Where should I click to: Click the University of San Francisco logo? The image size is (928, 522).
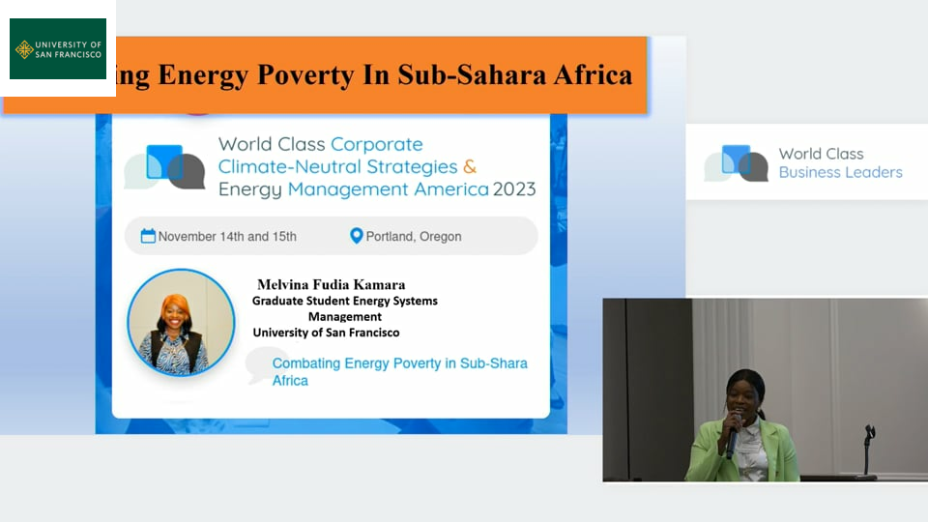tap(58, 48)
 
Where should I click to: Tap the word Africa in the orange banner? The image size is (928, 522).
tap(593, 74)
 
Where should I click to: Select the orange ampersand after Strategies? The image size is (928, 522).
tap(470, 167)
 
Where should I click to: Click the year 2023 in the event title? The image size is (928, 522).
tap(514, 188)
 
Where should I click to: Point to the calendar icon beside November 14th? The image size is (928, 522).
tap(148, 236)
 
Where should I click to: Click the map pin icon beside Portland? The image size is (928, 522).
tap(356, 236)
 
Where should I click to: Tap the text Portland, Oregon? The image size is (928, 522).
tap(413, 237)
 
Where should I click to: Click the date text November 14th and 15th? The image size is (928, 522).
tap(227, 237)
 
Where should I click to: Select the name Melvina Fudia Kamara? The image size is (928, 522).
tap(332, 284)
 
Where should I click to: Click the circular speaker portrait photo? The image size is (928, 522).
tap(181, 323)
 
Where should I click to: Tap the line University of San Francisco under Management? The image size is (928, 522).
tap(326, 333)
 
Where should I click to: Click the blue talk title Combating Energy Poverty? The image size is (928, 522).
tap(399, 371)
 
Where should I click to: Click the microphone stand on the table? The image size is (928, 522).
tap(868, 450)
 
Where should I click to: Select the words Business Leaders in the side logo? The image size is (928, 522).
tap(840, 172)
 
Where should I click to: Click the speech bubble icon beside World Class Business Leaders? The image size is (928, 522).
tap(736, 162)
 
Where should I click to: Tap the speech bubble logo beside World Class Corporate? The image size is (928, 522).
tap(164, 167)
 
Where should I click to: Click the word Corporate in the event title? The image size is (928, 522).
tap(376, 144)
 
